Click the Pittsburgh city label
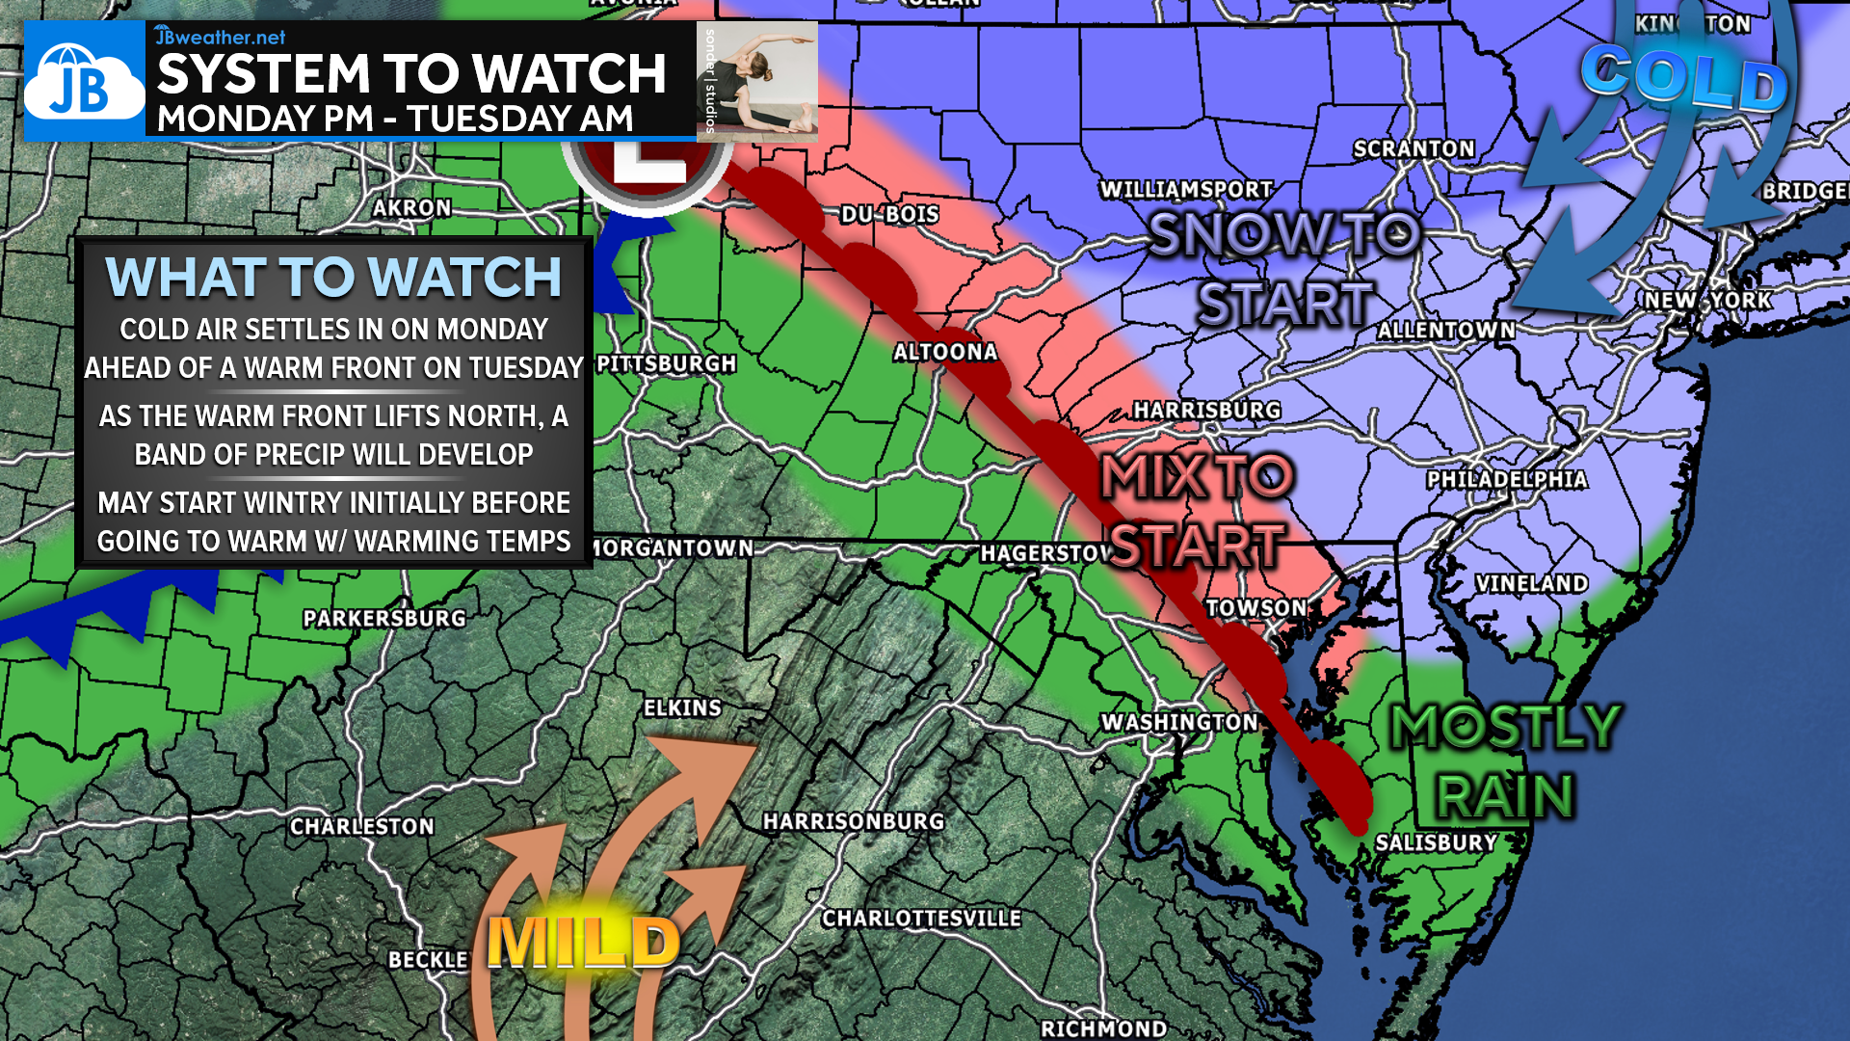coord(667,364)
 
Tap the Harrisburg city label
coord(1206,411)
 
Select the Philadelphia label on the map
coord(1506,480)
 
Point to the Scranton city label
coord(1414,149)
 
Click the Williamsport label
coord(1186,190)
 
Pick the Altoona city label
coord(944,353)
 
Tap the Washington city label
coord(1179,723)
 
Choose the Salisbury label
coord(1436,843)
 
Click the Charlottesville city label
coord(921,919)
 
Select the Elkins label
coord(682,708)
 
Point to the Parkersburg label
coord(384,619)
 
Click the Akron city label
coord(411,208)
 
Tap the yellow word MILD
coord(583,943)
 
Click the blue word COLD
coord(1683,79)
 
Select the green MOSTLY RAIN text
coord(1505,761)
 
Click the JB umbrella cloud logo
coord(84,83)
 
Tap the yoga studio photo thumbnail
coord(757,81)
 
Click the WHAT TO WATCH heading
coord(333,278)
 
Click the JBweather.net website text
coord(221,37)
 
